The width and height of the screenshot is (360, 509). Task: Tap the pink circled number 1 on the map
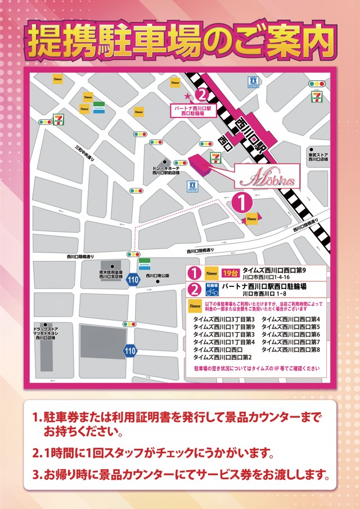pyautogui.click(x=241, y=201)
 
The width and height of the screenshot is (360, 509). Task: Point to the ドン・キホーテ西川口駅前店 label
pyautogui.click(x=166, y=171)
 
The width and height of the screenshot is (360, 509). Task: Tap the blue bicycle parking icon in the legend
pyautogui.click(x=212, y=289)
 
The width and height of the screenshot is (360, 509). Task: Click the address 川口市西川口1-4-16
pyautogui.click(x=266, y=277)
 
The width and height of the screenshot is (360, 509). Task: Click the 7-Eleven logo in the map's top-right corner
pyautogui.click(x=317, y=97)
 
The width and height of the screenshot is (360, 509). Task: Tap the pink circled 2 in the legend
pyautogui.click(x=194, y=290)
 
